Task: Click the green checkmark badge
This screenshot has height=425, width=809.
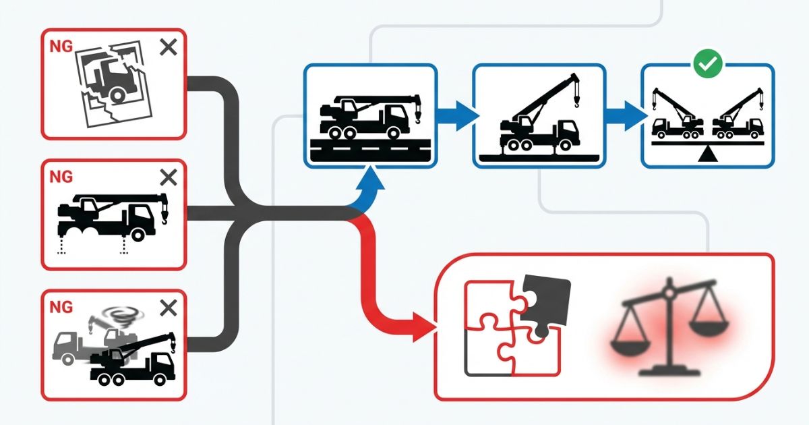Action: point(708,65)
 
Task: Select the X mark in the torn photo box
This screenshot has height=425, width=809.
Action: point(169,48)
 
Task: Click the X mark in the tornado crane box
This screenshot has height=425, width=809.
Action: point(169,309)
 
